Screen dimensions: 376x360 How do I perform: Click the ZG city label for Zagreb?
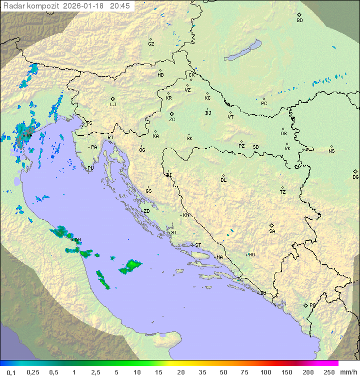[x=172, y=120]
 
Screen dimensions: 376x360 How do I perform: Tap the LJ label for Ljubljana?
[x=113, y=105]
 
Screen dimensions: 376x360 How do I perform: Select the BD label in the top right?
[x=299, y=21]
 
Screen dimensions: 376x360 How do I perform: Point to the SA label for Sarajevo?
[x=272, y=231]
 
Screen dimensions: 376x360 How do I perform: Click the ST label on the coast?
[x=198, y=245]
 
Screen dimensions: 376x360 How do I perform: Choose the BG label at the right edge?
[x=355, y=177]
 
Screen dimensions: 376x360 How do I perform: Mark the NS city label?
[x=331, y=151]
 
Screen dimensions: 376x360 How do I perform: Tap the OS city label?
[x=283, y=134]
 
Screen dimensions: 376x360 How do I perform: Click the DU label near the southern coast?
[x=262, y=293]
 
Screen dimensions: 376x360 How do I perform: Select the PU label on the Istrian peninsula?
[x=90, y=168]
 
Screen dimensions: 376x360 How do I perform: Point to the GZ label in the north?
[x=151, y=44]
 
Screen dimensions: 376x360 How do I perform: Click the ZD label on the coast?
[x=146, y=211]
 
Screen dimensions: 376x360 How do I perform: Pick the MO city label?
[x=251, y=254]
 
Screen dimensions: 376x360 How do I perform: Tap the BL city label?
[x=223, y=180]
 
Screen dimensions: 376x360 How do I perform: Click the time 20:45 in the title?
[x=120, y=6]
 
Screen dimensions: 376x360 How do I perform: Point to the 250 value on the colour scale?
[x=329, y=372]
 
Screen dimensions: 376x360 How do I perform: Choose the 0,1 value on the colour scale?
[x=11, y=372]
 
